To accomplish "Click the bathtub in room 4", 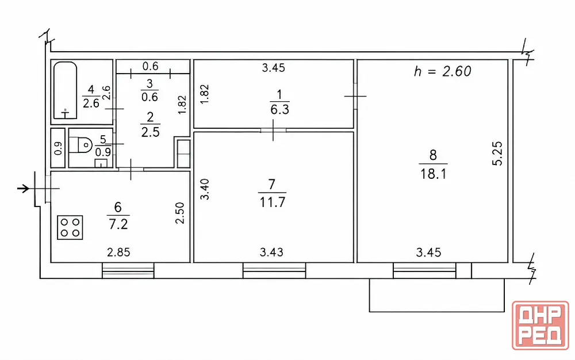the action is (66, 90).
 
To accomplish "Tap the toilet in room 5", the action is (80, 144).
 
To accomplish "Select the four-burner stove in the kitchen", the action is (70, 227).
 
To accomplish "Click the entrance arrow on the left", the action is (24, 189).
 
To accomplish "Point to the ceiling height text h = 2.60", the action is (442, 71).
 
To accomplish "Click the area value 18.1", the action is (433, 174).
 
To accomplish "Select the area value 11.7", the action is (272, 202).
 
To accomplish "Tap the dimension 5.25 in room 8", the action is (497, 154).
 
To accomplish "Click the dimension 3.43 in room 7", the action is (271, 252).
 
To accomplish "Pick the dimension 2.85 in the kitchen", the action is (118, 252).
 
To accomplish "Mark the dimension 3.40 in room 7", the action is (205, 189).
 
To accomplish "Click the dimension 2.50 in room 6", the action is (179, 213).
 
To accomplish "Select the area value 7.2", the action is (118, 224).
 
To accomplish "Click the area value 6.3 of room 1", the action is (280, 109).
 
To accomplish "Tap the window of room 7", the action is (274, 270).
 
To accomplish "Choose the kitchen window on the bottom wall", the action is (128, 270).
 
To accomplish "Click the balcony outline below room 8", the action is (437, 312).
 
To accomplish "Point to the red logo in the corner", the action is (540, 325).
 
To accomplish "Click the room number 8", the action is (433, 155).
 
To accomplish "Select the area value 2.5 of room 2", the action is (150, 132).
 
